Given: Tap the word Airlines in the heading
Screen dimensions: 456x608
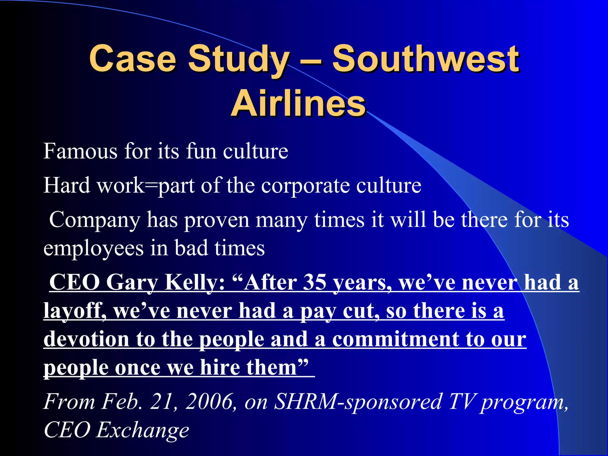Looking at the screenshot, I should coord(298,104).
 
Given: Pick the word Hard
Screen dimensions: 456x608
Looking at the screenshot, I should coord(67,186).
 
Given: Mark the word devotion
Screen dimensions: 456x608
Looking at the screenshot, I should coord(86,339).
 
